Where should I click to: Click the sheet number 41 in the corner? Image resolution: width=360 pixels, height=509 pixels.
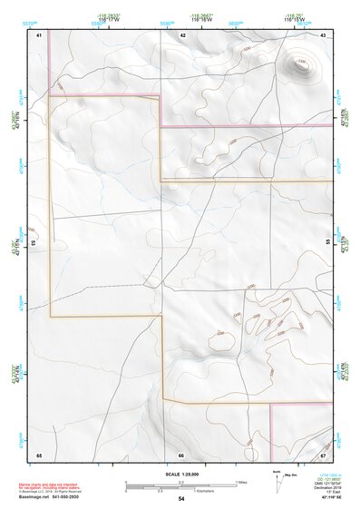[x=39, y=34]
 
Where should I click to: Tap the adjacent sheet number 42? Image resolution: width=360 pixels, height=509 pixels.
[x=182, y=34]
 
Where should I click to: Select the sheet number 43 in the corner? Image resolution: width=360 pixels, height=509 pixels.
[x=323, y=34]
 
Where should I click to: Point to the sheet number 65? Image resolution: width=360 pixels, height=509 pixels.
[x=39, y=455]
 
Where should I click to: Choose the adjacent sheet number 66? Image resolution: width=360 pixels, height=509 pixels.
[x=181, y=455]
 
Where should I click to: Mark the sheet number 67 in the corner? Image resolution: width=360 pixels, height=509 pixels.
[x=323, y=455]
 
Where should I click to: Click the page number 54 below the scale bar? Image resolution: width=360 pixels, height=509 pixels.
[x=181, y=499]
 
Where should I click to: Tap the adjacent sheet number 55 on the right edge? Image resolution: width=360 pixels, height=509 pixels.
[x=327, y=242]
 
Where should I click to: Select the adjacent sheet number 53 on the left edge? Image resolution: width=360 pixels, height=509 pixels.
[x=34, y=243]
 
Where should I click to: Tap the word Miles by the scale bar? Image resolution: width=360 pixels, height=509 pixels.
[x=241, y=482]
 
